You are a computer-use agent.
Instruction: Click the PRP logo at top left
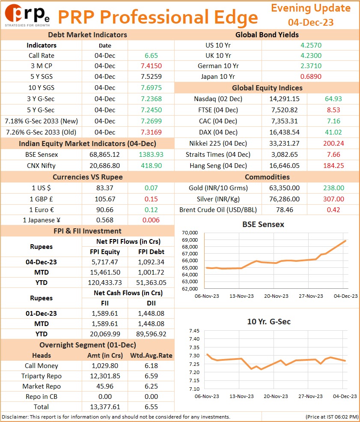click(x=27, y=15)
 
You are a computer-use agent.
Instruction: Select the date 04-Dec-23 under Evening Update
click(x=311, y=22)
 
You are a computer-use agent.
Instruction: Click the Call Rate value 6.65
click(x=151, y=55)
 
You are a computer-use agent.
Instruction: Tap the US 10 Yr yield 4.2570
click(x=311, y=45)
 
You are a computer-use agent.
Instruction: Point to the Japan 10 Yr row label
click(x=218, y=76)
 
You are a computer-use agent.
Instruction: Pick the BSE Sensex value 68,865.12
click(x=104, y=155)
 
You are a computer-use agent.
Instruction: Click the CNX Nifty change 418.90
click(x=152, y=165)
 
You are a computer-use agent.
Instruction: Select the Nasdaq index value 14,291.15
click(x=285, y=99)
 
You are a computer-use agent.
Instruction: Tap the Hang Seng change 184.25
click(x=333, y=165)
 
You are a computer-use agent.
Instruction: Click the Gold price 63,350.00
click(x=285, y=188)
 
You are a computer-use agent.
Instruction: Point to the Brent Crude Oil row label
click(x=218, y=210)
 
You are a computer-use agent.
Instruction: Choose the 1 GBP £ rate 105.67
click(x=105, y=199)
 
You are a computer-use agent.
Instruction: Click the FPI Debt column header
click(x=151, y=251)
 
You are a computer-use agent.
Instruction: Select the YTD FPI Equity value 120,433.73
click(x=105, y=283)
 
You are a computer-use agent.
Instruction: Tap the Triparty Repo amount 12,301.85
click(x=105, y=376)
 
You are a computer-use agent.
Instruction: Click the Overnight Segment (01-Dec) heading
click(x=88, y=345)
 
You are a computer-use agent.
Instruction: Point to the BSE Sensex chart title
click(x=263, y=224)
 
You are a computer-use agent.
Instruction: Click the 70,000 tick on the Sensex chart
click(x=190, y=233)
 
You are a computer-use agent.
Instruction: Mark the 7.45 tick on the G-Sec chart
click(x=194, y=331)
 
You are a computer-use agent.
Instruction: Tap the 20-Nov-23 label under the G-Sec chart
click(x=276, y=396)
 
